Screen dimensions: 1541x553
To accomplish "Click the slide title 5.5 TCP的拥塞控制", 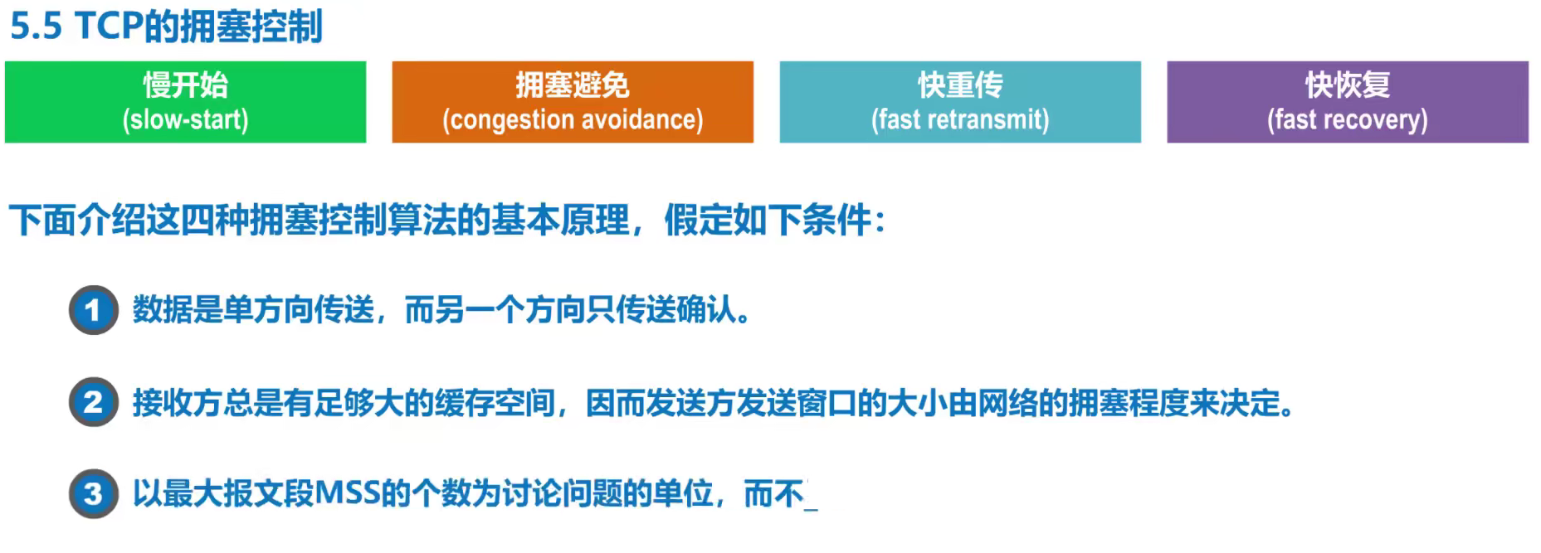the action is point(166,27).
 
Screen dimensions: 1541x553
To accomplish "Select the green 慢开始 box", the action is point(186,102).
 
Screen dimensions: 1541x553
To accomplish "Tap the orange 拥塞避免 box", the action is point(573,102).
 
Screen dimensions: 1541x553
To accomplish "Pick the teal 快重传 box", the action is point(960,102).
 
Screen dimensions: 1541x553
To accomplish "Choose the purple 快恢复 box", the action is point(1348,102).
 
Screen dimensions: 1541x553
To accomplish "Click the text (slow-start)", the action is point(186,119).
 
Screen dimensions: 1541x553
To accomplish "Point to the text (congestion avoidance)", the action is point(573,119).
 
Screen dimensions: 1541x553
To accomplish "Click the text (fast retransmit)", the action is point(960,119).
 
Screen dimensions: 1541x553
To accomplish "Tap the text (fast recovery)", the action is point(1348,120).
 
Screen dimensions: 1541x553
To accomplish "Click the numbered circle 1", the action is point(93,310).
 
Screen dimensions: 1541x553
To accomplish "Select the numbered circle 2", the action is point(93,402).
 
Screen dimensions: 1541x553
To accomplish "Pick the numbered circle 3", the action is point(93,494).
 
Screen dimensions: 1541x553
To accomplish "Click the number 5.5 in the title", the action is point(37,27).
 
